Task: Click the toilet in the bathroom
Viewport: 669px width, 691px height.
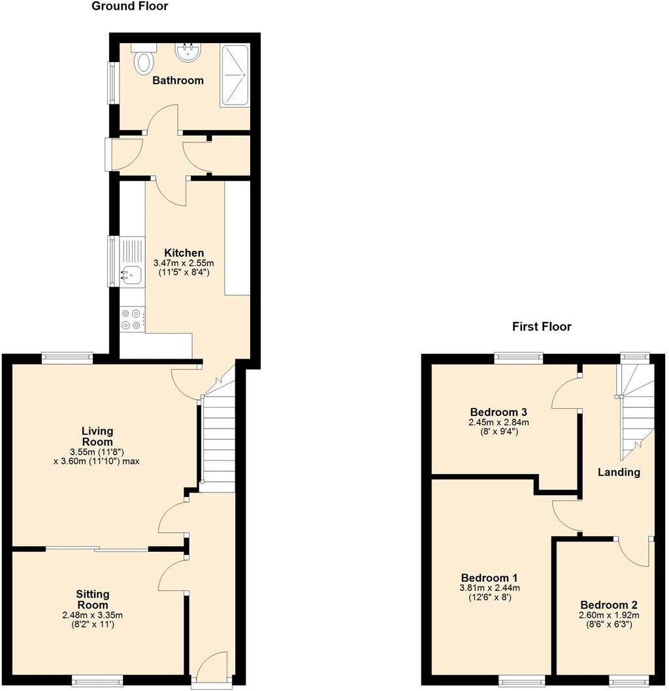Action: coord(143,61)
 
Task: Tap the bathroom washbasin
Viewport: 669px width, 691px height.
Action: coord(188,52)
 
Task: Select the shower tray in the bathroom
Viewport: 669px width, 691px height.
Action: coord(235,76)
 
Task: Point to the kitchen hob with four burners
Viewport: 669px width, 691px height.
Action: coord(132,319)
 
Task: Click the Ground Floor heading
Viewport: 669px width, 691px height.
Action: coord(129,7)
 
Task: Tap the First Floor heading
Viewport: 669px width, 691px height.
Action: coord(542,327)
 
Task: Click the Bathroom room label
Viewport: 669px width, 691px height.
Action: coord(178,80)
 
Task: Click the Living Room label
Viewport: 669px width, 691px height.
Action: coord(97,436)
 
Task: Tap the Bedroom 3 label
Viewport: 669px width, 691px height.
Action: coord(498,412)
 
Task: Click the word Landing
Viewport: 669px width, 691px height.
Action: coord(619,472)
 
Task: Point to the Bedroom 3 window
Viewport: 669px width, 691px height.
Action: coord(519,357)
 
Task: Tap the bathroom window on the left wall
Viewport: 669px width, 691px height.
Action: coord(112,82)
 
